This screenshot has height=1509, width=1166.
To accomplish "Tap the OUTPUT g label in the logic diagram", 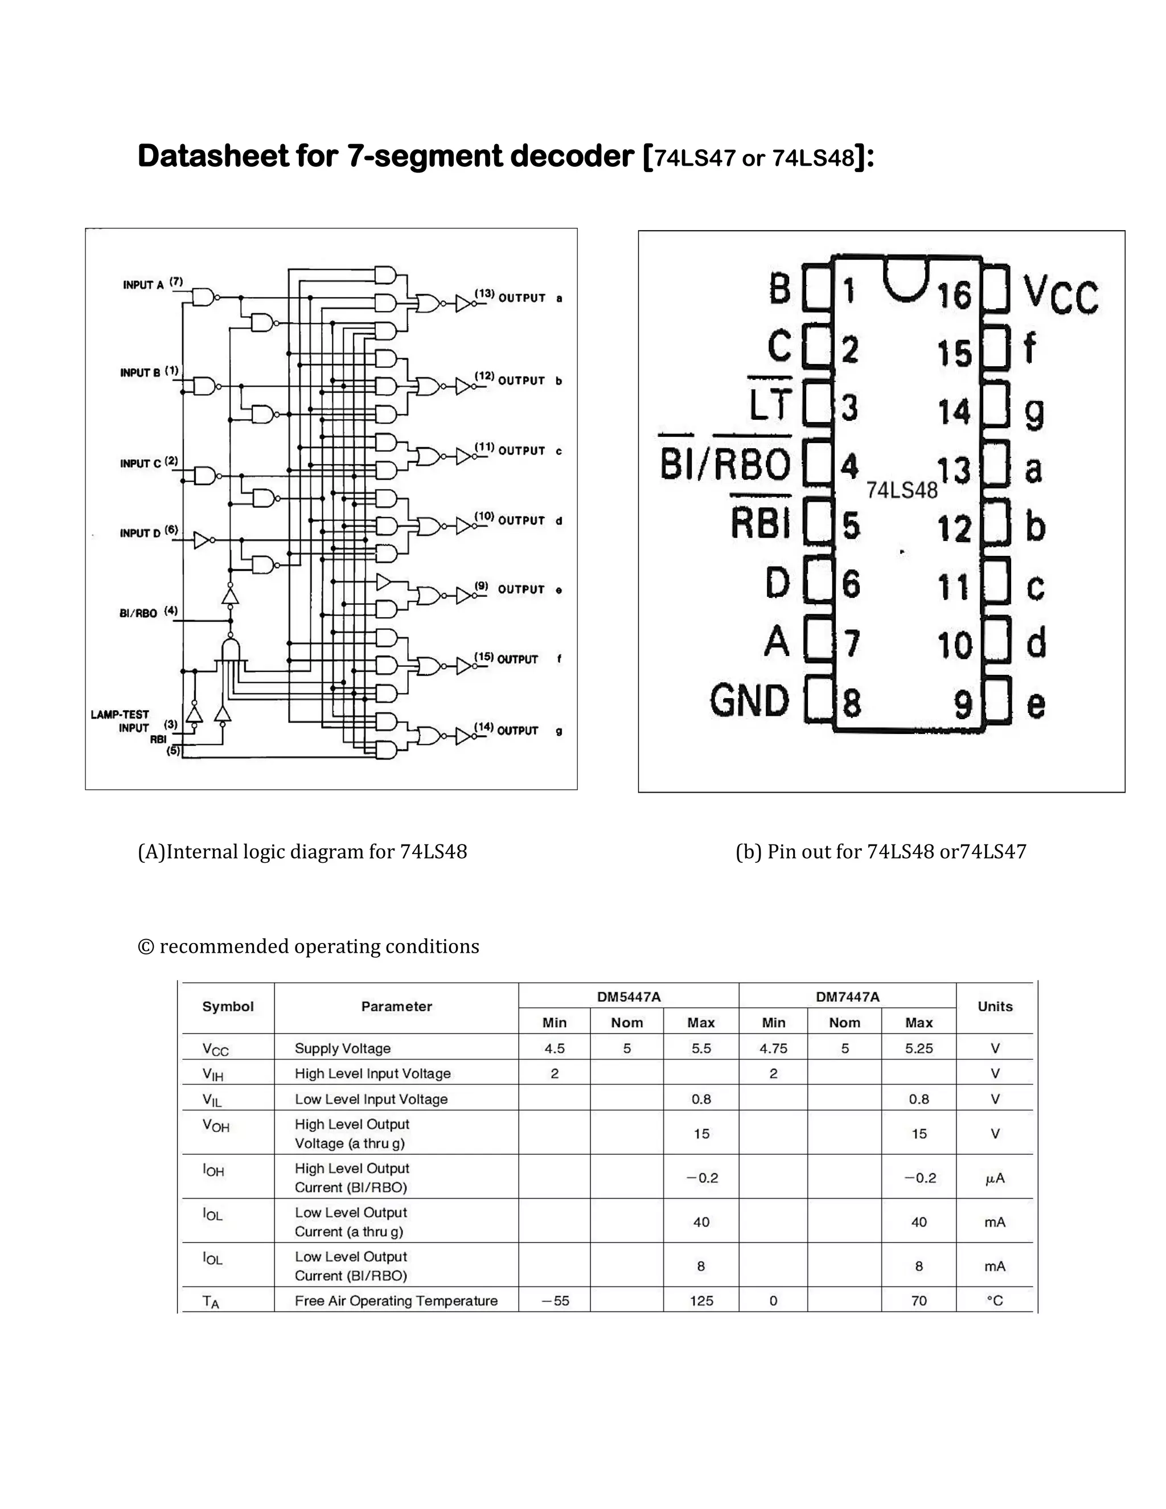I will pyautogui.click(x=528, y=731).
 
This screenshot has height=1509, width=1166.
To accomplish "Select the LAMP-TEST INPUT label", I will pyautogui.click(x=120, y=721).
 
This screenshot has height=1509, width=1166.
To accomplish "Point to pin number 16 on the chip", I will pyautogui.click(x=954, y=294).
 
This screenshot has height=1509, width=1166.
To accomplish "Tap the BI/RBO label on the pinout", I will pyautogui.click(x=725, y=463).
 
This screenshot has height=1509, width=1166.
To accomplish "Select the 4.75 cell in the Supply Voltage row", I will pyautogui.click(x=773, y=1048).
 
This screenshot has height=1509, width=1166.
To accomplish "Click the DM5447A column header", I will pyautogui.click(x=629, y=997).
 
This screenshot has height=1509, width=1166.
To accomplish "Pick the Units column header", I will pyautogui.click(x=995, y=1007).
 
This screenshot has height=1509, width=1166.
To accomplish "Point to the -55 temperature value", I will pyautogui.click(x=555, y=1301).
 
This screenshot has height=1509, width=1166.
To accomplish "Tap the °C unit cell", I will pyautogui.click(x=995, y=1301).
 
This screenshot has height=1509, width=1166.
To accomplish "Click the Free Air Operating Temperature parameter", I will pyautogui.click(x=396, y=1301).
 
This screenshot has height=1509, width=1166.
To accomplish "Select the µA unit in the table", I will pyautogui.click(x=995, y=1178).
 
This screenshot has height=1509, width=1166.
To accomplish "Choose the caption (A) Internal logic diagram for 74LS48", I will pyautogui.click(x=302, y=852).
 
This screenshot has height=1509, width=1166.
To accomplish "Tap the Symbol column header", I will pyautogui.click(x=228, y=1007).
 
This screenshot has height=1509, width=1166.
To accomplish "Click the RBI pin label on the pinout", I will pyautogui.click(x=761, y=523).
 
